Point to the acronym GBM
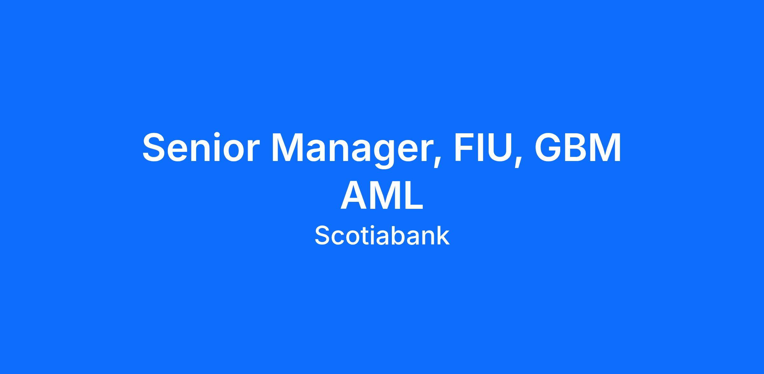click(x=577, y=147)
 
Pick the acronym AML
click(x=382, y=195)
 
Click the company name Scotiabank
click(x=382, y=235)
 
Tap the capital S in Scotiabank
click(x=322, y=235)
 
